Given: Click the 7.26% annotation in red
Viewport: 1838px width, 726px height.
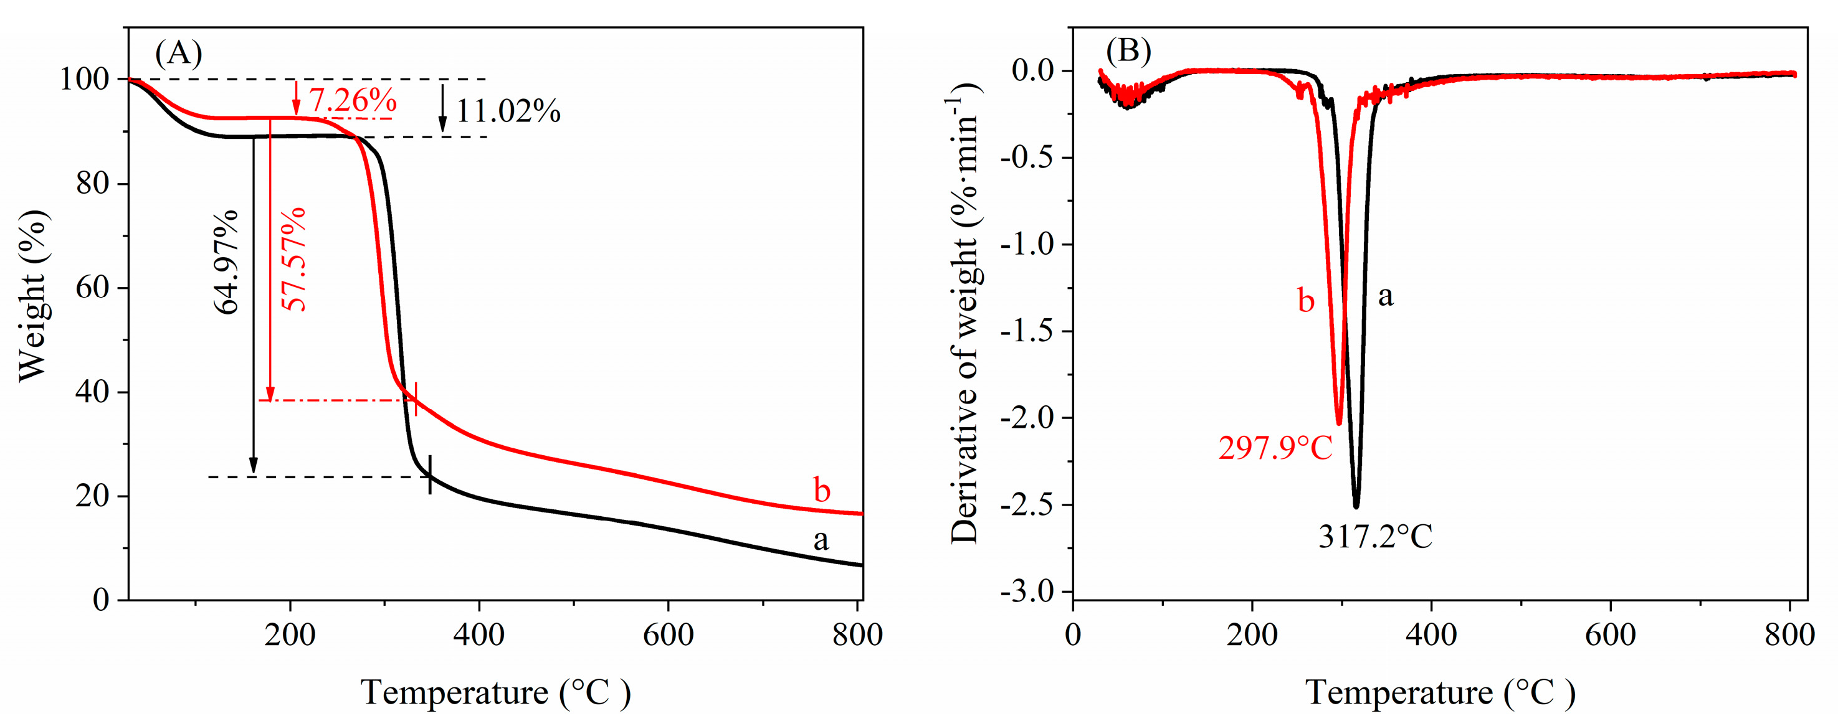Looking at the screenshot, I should click(x=353, y=100).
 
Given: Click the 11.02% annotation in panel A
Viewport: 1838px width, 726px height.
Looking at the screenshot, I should click(x=508, y=111).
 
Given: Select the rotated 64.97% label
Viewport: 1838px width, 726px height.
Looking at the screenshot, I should click(x=227, y=262).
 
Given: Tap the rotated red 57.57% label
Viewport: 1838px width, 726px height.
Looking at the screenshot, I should click(x=293, y=260).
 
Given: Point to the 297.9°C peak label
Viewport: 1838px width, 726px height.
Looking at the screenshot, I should click(x=1275, y=448).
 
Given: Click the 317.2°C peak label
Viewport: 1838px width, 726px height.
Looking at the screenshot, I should click(x=1375, y=537).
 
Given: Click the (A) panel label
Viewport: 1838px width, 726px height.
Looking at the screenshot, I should click(x=178, y=53).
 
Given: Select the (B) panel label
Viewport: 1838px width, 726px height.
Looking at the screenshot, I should click(x=1128, y=51).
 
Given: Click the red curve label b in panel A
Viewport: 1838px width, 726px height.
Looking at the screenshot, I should click(x=821, y=491).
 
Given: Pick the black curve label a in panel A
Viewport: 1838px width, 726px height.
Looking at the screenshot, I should click(x=821, y=540).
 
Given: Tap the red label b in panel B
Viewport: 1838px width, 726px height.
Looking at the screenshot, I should click(x=1305, y=300).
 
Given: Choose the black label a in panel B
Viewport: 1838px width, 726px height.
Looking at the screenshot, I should click(x=1385, y=295).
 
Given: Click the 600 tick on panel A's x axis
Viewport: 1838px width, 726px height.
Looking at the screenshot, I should click(x=668, y=633).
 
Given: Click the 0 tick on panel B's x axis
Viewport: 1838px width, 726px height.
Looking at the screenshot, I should click(x=1073, y=633).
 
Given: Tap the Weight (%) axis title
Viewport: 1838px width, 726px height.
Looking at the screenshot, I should click(x=33, y=296).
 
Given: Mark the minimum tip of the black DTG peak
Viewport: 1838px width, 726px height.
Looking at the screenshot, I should click(x=1356, y=506).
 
